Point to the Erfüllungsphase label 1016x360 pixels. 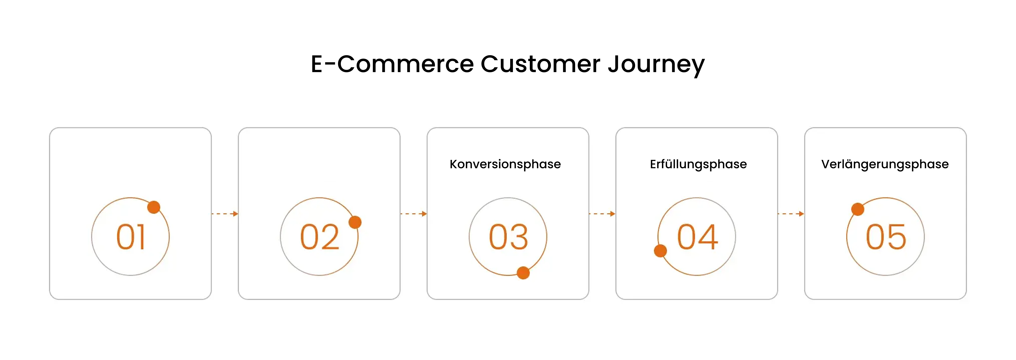(x=698, y=164)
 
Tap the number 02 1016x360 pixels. (x=319, y=237)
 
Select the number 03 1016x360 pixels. (x=508, y=237)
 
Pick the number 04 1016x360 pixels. (x=697, y=237)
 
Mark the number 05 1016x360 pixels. (x=886, y=237)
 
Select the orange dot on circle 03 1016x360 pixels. (x=523, y=273)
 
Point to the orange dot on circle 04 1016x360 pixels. (x=660, y=250)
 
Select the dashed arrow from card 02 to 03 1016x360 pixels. (x=413, y=214)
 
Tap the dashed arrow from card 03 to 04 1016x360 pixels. (x=602, y=214)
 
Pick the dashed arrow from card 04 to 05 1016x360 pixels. (x=791, y=214)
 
